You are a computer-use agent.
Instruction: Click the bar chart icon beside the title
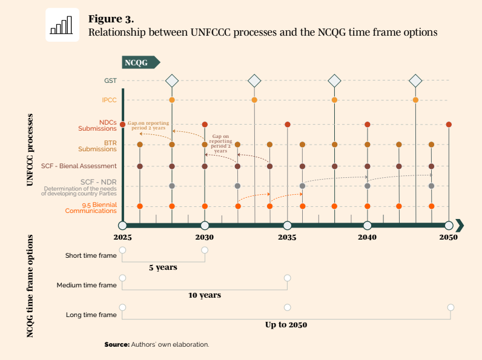[62, 25]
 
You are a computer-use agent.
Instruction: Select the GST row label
[110, 80]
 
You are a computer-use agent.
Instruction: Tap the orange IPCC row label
[109, 100]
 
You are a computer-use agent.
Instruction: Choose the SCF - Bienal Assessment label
[79, 166]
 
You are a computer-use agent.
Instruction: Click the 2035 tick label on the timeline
[287, 237]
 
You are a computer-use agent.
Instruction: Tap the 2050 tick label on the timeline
[448, 237]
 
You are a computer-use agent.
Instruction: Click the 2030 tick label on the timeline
[205, 237]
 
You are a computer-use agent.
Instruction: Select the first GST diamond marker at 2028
[172, 80]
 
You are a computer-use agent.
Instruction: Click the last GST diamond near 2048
[415, 80]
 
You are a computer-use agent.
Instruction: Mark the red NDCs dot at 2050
[449, 124]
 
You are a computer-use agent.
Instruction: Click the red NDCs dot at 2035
[287, 124]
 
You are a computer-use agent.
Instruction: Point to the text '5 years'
[163, 267]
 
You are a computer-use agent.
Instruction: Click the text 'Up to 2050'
[286, 325]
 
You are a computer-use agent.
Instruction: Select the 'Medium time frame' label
[87, 285]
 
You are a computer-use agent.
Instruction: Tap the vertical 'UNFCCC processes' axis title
[30, 148]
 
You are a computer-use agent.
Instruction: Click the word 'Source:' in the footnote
[117, 344]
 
